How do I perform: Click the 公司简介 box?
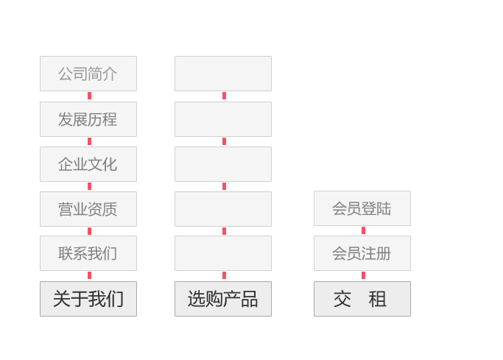[88, 74]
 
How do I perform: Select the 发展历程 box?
[88, 119]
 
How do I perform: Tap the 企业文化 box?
[88, 164]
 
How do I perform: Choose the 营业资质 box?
[88, 209]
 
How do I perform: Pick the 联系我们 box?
[88, 253]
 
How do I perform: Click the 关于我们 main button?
[88, 299]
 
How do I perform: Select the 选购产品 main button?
[223, 299]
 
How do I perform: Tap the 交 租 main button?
[362, 299]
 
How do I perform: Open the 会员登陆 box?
[362, 208]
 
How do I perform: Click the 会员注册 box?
[362, 253]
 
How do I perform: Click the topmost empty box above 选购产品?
[223, 74]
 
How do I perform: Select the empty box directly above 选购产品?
[223, 253]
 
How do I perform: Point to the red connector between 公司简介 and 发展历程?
[90, 96]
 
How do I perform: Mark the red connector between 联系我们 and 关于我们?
[90, 275]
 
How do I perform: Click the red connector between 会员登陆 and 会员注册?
[364, 230]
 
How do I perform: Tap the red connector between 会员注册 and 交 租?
[364, 275]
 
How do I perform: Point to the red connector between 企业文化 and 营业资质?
[90, 186]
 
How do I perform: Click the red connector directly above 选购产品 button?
[224, 275]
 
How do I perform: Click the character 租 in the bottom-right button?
[377, 299]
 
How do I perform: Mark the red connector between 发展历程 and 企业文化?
[90, 141]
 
